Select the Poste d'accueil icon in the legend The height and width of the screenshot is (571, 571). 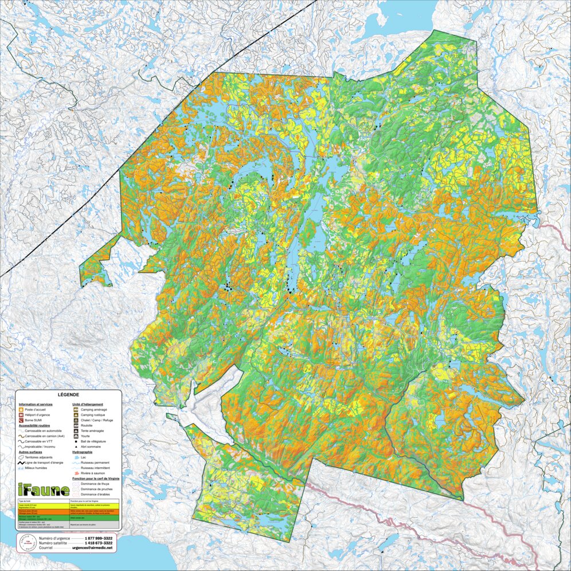pos(21,410)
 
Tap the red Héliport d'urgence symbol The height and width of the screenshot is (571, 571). pos(21,415)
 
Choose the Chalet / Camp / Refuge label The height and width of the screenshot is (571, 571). pos(97,420)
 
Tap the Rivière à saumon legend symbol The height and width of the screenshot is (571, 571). pos(76,473)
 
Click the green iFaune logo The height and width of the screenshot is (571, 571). pos(44,490)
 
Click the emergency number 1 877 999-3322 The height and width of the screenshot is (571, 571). pos(98,538)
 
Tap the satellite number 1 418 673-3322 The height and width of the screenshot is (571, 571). pos(98,543)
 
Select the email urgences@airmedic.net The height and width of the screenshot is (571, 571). pos(92,548)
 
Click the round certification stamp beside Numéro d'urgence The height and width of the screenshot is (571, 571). pos(25,543)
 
